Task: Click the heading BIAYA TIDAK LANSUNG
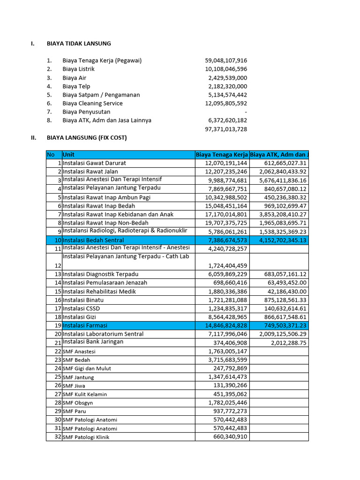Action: (x=79, y=44)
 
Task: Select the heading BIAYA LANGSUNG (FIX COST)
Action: (x=87, y=138)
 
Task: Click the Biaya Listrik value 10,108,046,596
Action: (x=226, y=69)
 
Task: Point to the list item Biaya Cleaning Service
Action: (x=92, y=104)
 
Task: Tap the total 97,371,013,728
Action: (x=226, y=129)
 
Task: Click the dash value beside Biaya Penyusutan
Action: (x=246, y=112)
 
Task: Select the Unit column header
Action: (x=68, y=155)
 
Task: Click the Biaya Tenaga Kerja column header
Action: (x=222, y=155)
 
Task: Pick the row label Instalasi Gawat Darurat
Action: (x=94, y=163)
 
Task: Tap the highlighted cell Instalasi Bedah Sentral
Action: (x=93, y=240)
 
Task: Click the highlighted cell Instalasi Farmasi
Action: (x=85, y=325)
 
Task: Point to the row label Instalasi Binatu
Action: (x=83, y=300)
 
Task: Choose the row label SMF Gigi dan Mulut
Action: (x=87, y=368)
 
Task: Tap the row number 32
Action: (x=58, y=437)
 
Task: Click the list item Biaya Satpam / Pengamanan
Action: (x=101, y=95)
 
